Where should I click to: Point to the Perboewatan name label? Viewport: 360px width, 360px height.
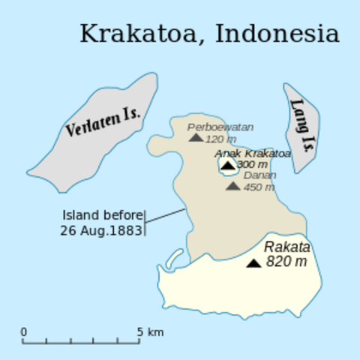pos(220,127)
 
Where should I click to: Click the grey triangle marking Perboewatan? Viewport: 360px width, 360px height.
pos(196,137)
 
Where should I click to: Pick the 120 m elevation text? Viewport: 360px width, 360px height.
pos(220,139)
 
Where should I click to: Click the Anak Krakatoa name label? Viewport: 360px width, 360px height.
pos(253,153)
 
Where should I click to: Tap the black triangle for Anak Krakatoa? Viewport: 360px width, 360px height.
pos(227,164)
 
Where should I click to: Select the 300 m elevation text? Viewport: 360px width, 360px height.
pos(252,164)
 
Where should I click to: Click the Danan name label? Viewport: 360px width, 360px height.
pos(260,175)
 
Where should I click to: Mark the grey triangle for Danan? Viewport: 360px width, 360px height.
pos(233,185)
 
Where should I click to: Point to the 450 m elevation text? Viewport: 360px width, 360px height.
pos(259,187)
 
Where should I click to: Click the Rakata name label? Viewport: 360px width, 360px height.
pos(286,247)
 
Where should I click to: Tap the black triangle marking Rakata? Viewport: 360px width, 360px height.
pos(254,262)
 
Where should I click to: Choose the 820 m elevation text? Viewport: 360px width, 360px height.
pos(286,262)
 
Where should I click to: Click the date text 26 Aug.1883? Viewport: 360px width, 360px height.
pos(101,230)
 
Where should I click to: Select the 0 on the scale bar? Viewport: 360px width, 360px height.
pos(23,331)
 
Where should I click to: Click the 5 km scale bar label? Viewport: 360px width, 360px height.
pos(150,331)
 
